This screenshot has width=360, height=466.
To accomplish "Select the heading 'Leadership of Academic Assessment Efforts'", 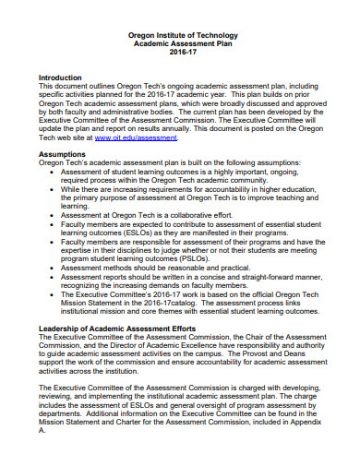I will (117, 328).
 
